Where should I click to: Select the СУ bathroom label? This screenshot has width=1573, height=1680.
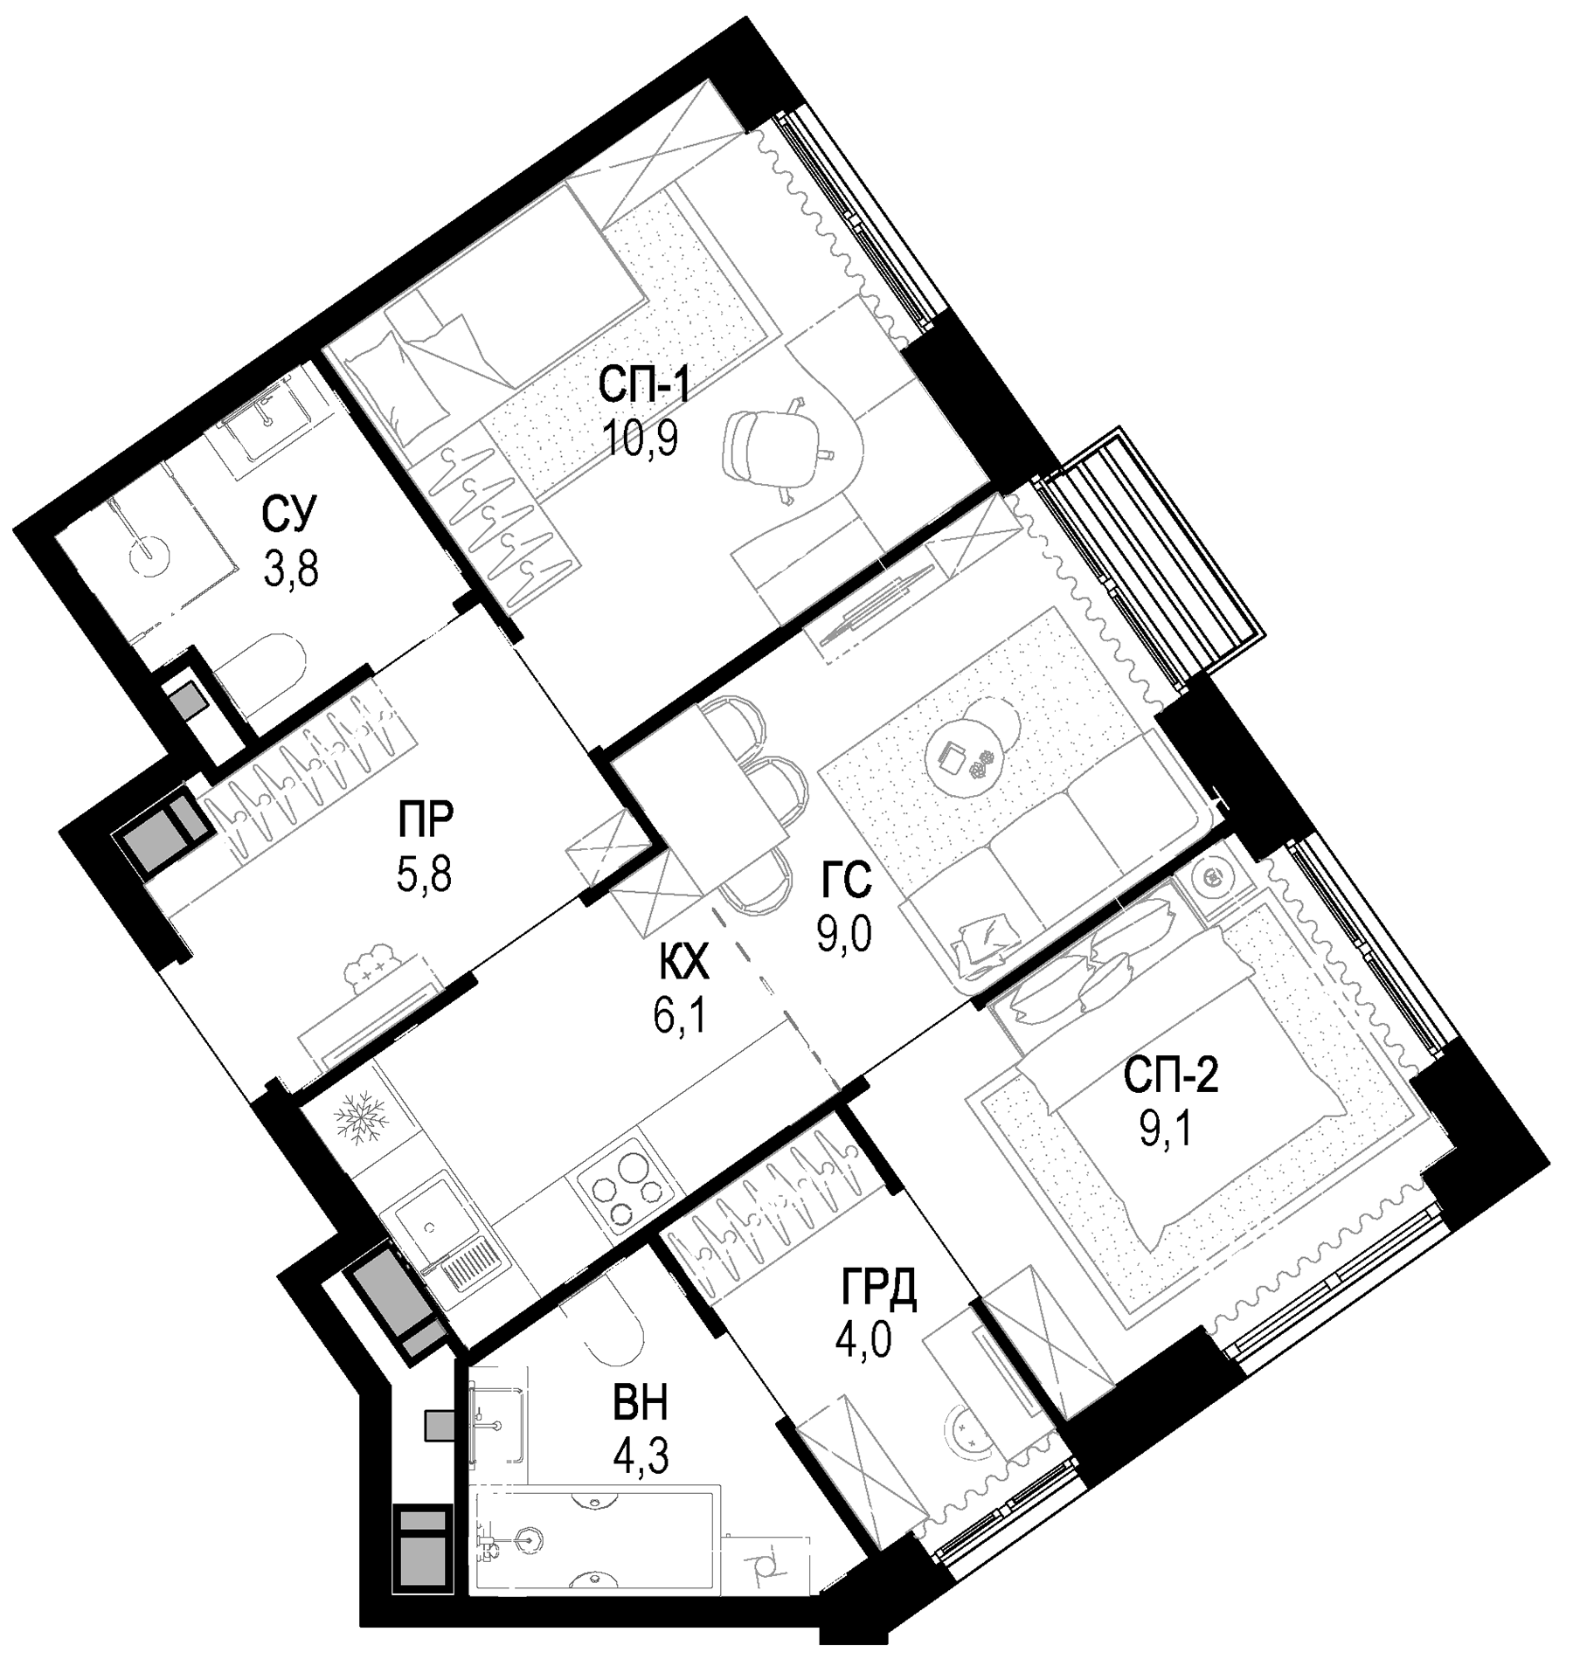pyautogui.click(x=289, y=514)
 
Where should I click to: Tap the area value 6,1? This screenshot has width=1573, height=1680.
pyautogui.click(x=678, y=1017)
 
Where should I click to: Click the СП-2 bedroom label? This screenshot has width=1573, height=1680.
pyautogui.click(x=1169, y=1078)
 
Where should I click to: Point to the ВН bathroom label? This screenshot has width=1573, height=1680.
pyautogui.click(x=641, y=1404)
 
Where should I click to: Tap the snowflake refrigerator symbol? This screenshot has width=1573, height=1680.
pyautogui.click(x=360, y=1121)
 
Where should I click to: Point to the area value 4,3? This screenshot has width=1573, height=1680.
pyautogui.click(x=641, y=1456)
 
